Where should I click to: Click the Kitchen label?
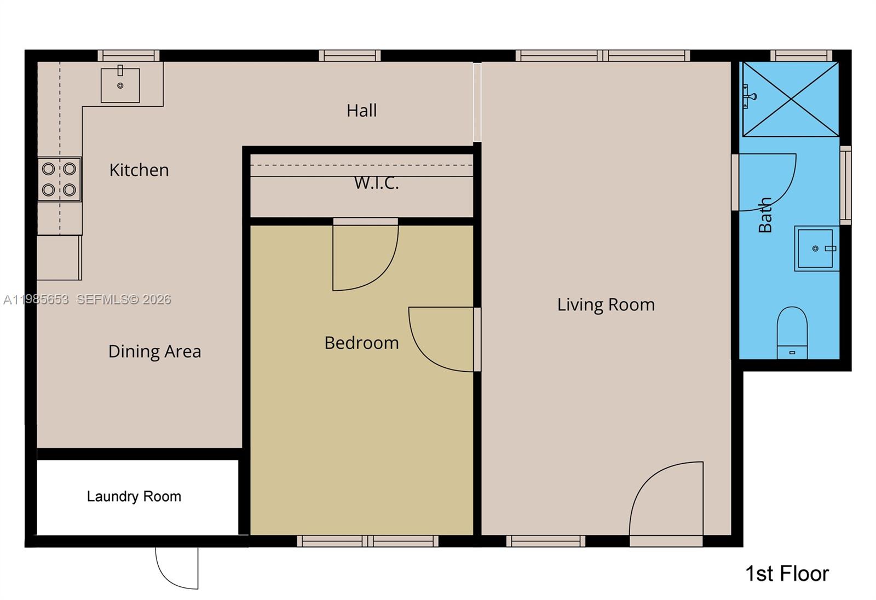pos(139,170)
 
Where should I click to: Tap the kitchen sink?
pos(120,85)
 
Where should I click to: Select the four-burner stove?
pos(59,179)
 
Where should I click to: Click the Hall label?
pos(361,111)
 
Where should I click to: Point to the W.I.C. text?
pos(376,183)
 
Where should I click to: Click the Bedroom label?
pos(361,343)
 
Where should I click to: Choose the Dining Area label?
pos(154,351)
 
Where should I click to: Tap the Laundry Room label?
pos(134,497)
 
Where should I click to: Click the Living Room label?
pos(606,305)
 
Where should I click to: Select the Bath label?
pos(765,215)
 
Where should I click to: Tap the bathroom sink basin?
pos(816,249)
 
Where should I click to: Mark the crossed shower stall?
pos(790,99)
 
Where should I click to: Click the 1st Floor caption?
pos(787,574)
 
